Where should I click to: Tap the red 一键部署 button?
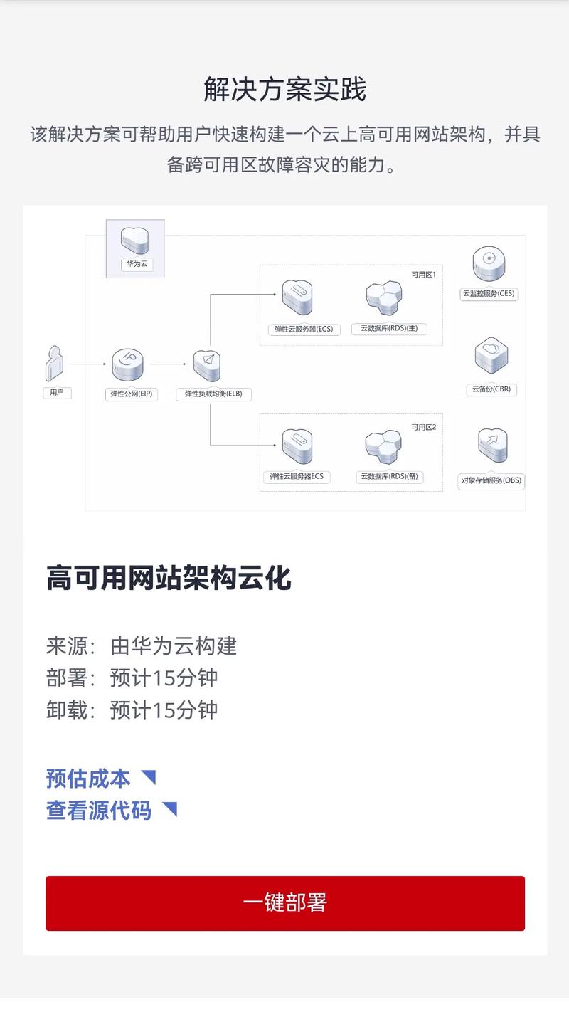click(285, 902)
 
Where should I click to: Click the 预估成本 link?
click(88, 778)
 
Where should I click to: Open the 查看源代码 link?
click(99, 810)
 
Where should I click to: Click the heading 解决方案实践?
click(284, 90)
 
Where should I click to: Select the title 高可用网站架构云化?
click(169, 577)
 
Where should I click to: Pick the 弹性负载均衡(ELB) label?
click(213, 394)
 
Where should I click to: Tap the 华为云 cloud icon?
click(135, 241)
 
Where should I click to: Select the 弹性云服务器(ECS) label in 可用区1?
click(304, 329)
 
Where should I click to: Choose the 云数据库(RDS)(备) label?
click(389, 477)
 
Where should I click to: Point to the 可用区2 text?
click(424, 427)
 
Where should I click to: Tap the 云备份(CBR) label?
click(491, 389)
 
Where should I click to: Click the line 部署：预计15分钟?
click(132, 678)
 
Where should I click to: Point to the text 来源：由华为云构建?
click(142, 645)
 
